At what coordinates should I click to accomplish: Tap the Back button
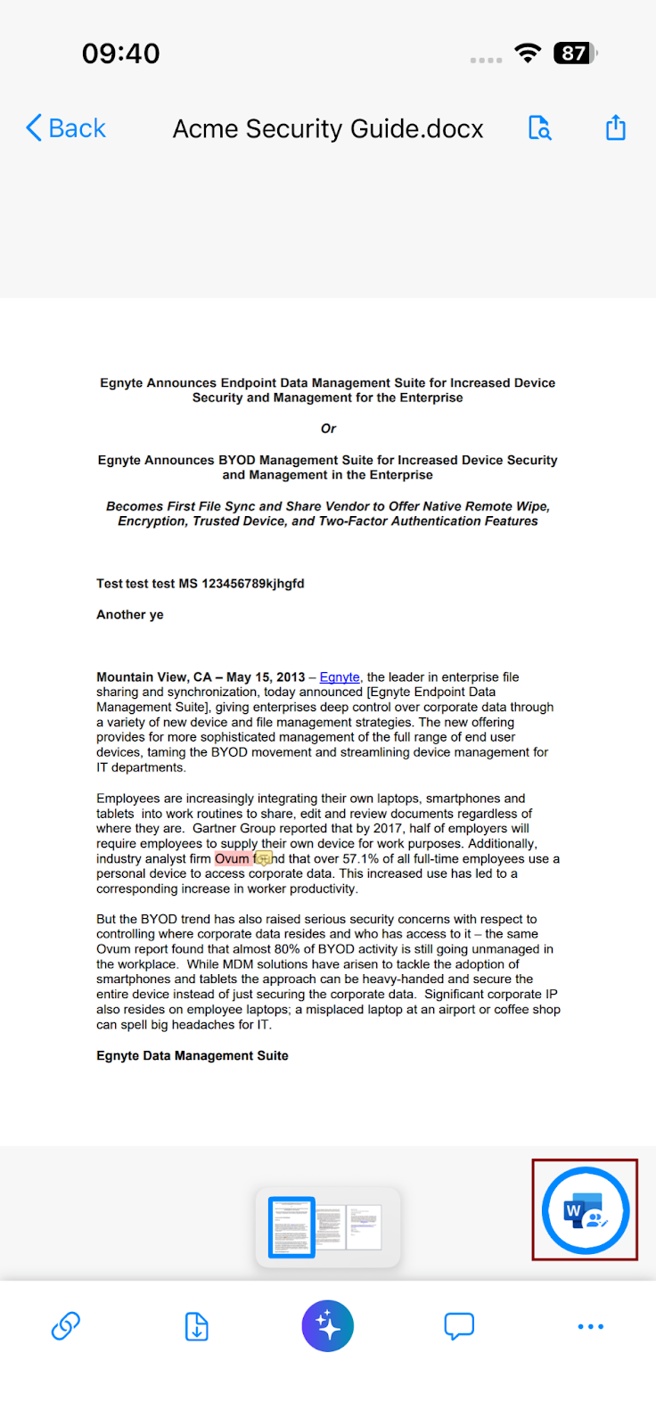click(x=66, y=128)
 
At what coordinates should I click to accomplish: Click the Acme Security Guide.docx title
click(x=328, y=129)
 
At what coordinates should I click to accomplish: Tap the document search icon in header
click(x=539, y=128)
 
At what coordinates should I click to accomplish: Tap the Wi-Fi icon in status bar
click(x=529, y=53)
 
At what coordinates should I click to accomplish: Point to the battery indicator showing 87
click(x=574, y=53)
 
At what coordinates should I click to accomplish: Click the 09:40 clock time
click(x=121, y=53)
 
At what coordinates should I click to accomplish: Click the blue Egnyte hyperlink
click(x=340, y=677)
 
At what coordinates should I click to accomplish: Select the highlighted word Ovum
click(x=232, y=859)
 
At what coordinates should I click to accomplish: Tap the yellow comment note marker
click(x=264, y=859)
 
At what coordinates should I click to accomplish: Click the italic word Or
click(x=328, y=429)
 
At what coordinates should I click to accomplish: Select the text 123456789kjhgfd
click(x=253, y=584)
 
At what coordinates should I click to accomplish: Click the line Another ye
click(x=130, y=615)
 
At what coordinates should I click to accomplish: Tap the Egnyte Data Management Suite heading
click(x=193, y=1056)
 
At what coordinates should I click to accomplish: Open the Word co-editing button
click(x=585, y=1210)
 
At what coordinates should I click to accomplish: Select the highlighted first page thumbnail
click(x=291, y=1227)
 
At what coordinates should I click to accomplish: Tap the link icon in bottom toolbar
click(x=66, y=1326)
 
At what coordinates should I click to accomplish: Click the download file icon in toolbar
click(x=197, y=1326)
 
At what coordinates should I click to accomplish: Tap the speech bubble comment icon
click(x=459, y=1326)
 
